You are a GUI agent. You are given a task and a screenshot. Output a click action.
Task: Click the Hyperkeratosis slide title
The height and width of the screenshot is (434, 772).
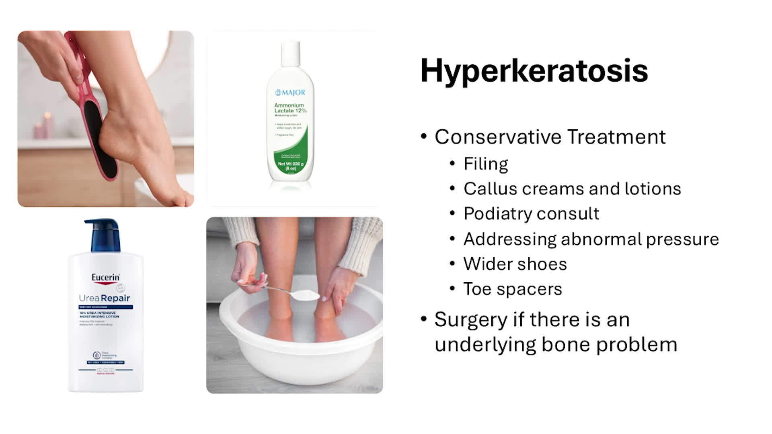534,71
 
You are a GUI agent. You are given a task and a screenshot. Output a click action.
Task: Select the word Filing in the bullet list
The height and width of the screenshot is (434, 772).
486,164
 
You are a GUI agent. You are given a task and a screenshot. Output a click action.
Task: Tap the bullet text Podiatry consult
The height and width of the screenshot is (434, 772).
531,214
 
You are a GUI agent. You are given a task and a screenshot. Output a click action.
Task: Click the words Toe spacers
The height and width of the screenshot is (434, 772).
513,289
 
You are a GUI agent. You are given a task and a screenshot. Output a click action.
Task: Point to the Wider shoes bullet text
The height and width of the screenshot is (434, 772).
515,264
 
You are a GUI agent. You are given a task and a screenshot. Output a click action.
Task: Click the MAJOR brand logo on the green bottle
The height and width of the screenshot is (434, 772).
290,93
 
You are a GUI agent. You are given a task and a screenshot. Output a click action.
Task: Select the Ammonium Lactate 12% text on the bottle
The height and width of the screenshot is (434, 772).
290,108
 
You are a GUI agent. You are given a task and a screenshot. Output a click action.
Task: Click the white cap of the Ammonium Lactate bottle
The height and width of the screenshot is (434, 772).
290,53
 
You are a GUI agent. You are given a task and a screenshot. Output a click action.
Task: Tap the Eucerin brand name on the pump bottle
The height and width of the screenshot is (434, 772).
105,277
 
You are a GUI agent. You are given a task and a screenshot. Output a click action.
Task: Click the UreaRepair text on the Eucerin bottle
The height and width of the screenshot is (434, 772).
105,298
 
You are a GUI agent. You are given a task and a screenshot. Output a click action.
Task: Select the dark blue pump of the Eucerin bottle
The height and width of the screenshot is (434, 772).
103,235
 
